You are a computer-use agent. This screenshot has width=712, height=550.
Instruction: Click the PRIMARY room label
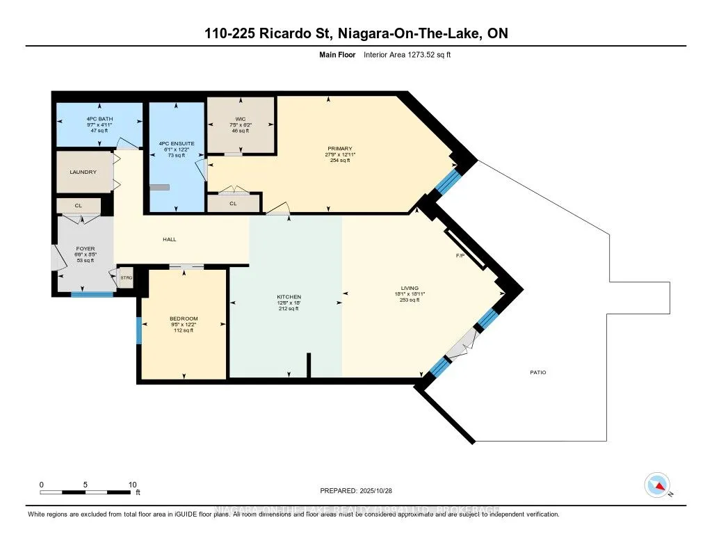(x=341, y=148)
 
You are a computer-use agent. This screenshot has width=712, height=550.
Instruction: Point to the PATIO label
(x=538, y=373)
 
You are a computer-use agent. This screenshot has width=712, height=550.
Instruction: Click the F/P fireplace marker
(x=460, y=256)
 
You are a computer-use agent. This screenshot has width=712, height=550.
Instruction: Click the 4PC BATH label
(x=99, y=119)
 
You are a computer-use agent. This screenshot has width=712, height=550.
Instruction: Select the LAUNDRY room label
(x=83, y=172)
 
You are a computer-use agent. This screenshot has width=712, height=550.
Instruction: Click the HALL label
(x=170, y=239)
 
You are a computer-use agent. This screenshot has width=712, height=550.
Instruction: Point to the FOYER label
(x=85, y=249)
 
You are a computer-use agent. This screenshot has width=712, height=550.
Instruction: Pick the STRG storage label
(x=127, y=278)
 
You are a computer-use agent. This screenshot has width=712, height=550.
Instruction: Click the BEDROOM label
(x=184, y=318)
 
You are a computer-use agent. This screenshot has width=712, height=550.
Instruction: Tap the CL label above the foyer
(x=79, y=207)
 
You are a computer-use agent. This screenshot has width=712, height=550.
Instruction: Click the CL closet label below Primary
(x=233, y=204)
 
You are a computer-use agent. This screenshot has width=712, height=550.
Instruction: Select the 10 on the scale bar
(x=132, y=485)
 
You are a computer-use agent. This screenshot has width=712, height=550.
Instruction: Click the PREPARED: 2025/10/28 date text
(x=356, y=490)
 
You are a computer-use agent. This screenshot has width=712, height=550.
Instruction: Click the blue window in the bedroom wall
(x=139, y=330)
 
